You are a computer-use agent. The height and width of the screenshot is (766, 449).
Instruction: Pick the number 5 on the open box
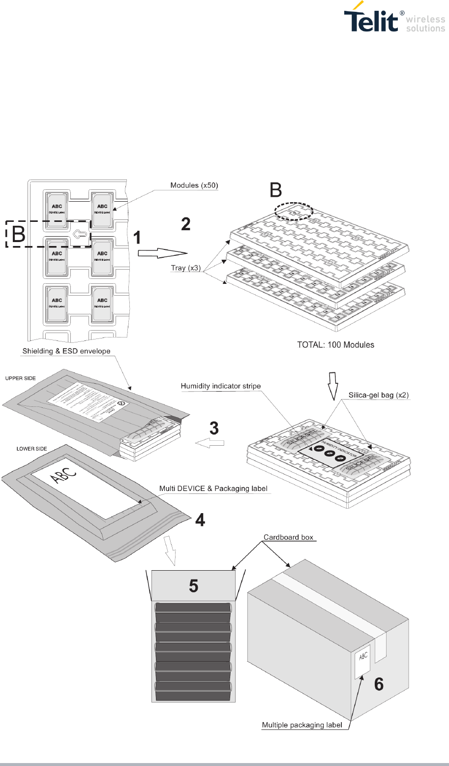194,586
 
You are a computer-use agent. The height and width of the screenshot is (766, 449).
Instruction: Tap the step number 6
380,684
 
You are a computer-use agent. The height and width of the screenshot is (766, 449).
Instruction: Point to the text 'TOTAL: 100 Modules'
336,344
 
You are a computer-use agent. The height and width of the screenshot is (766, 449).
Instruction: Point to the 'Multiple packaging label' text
302,725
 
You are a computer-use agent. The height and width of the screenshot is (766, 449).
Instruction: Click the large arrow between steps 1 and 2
163,253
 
